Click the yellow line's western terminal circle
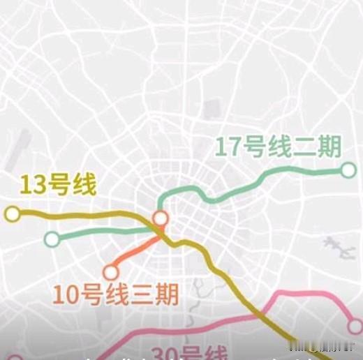click(12, 214)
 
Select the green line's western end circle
click(51, 239)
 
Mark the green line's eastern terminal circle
click(348, 170)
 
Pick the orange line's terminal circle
click(110, 272)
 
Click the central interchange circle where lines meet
click(161, 218)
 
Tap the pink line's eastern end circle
click(355, 327)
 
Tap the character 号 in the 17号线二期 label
click(257, 148)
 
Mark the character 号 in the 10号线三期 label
click(96, 294)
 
